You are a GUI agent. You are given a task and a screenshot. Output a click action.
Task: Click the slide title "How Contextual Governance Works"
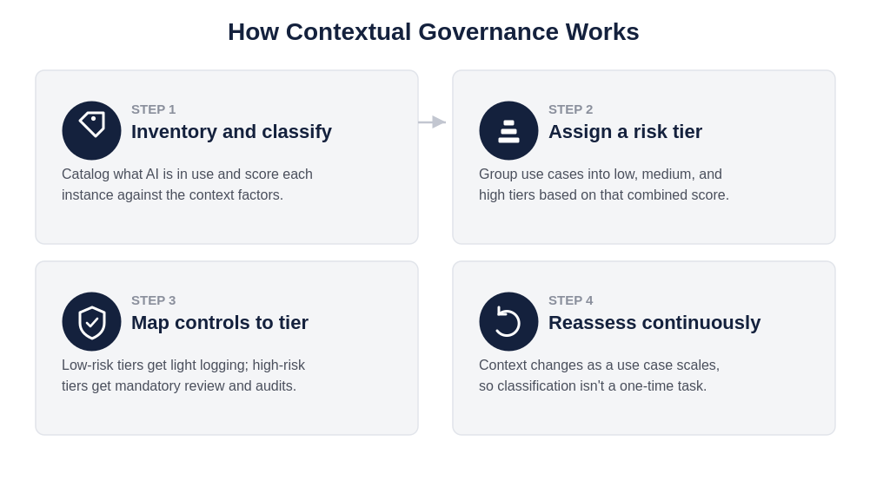point(434,32)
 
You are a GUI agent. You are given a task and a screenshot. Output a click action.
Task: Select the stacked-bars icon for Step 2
point(508,130)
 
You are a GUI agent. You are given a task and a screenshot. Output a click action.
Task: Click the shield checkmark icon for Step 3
point(91,321)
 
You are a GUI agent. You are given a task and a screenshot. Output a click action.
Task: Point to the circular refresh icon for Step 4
point(508,321)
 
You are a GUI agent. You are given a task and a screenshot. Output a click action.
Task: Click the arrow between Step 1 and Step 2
point(432,122)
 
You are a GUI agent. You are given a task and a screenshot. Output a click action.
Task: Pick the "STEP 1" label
point(153,109)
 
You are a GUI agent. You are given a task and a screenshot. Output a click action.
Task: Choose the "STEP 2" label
point(570,109)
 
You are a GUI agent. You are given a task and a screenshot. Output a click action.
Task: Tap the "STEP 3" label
point(153,301)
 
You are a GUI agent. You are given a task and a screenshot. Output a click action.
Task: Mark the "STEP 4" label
point(570,301)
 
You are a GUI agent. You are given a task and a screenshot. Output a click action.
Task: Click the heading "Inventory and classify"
point(231,132)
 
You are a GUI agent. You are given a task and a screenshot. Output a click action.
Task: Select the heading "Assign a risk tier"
point(625,132)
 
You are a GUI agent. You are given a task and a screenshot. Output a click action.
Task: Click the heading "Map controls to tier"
point(220,322)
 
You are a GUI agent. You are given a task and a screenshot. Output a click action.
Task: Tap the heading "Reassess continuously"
point(654,322)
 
